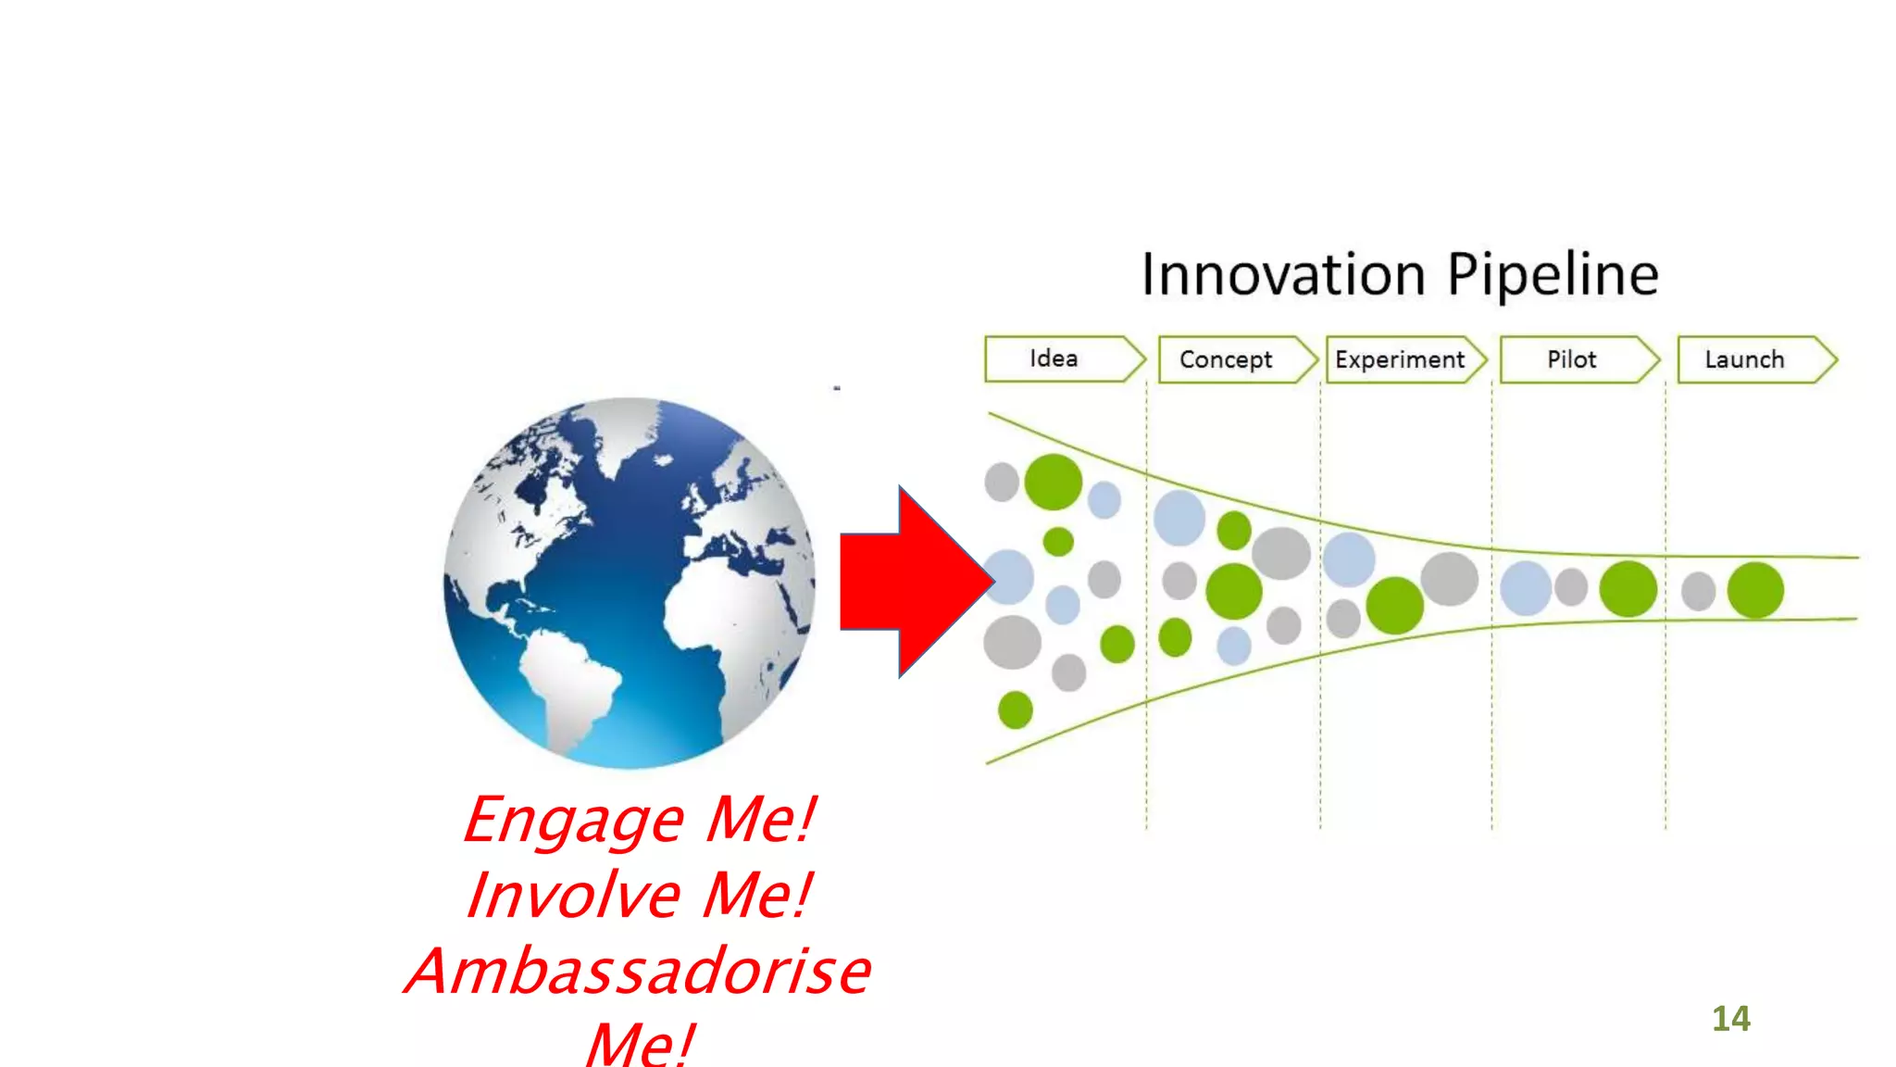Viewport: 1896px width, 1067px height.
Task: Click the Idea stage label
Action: click(1054, 358)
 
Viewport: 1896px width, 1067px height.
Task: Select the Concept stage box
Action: click(1226, 359)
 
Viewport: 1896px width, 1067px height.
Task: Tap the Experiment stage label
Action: click(1400, 359)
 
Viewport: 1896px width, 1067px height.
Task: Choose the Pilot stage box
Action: click(1571, 359)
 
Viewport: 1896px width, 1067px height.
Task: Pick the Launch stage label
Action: click(1744, 359)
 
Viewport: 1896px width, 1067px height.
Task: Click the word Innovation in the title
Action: click(1283, 275)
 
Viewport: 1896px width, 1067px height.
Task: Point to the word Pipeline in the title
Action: click(1553, 275)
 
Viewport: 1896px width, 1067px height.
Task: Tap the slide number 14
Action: click(1730, 1019)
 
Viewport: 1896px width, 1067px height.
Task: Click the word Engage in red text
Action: click(574, 821)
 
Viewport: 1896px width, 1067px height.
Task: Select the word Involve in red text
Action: click(574, 896)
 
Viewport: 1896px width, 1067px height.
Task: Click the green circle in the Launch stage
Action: click(1755, 590)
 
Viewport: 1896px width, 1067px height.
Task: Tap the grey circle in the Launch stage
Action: click(1698, 591)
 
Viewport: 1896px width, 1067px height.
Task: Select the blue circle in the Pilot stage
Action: click(1526, 588)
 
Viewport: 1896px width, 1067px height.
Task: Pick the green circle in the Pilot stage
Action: click(1628, 588)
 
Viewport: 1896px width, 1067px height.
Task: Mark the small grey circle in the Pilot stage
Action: click(1571, 586)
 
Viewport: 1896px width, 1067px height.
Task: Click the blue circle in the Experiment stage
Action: click(1349, 559)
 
